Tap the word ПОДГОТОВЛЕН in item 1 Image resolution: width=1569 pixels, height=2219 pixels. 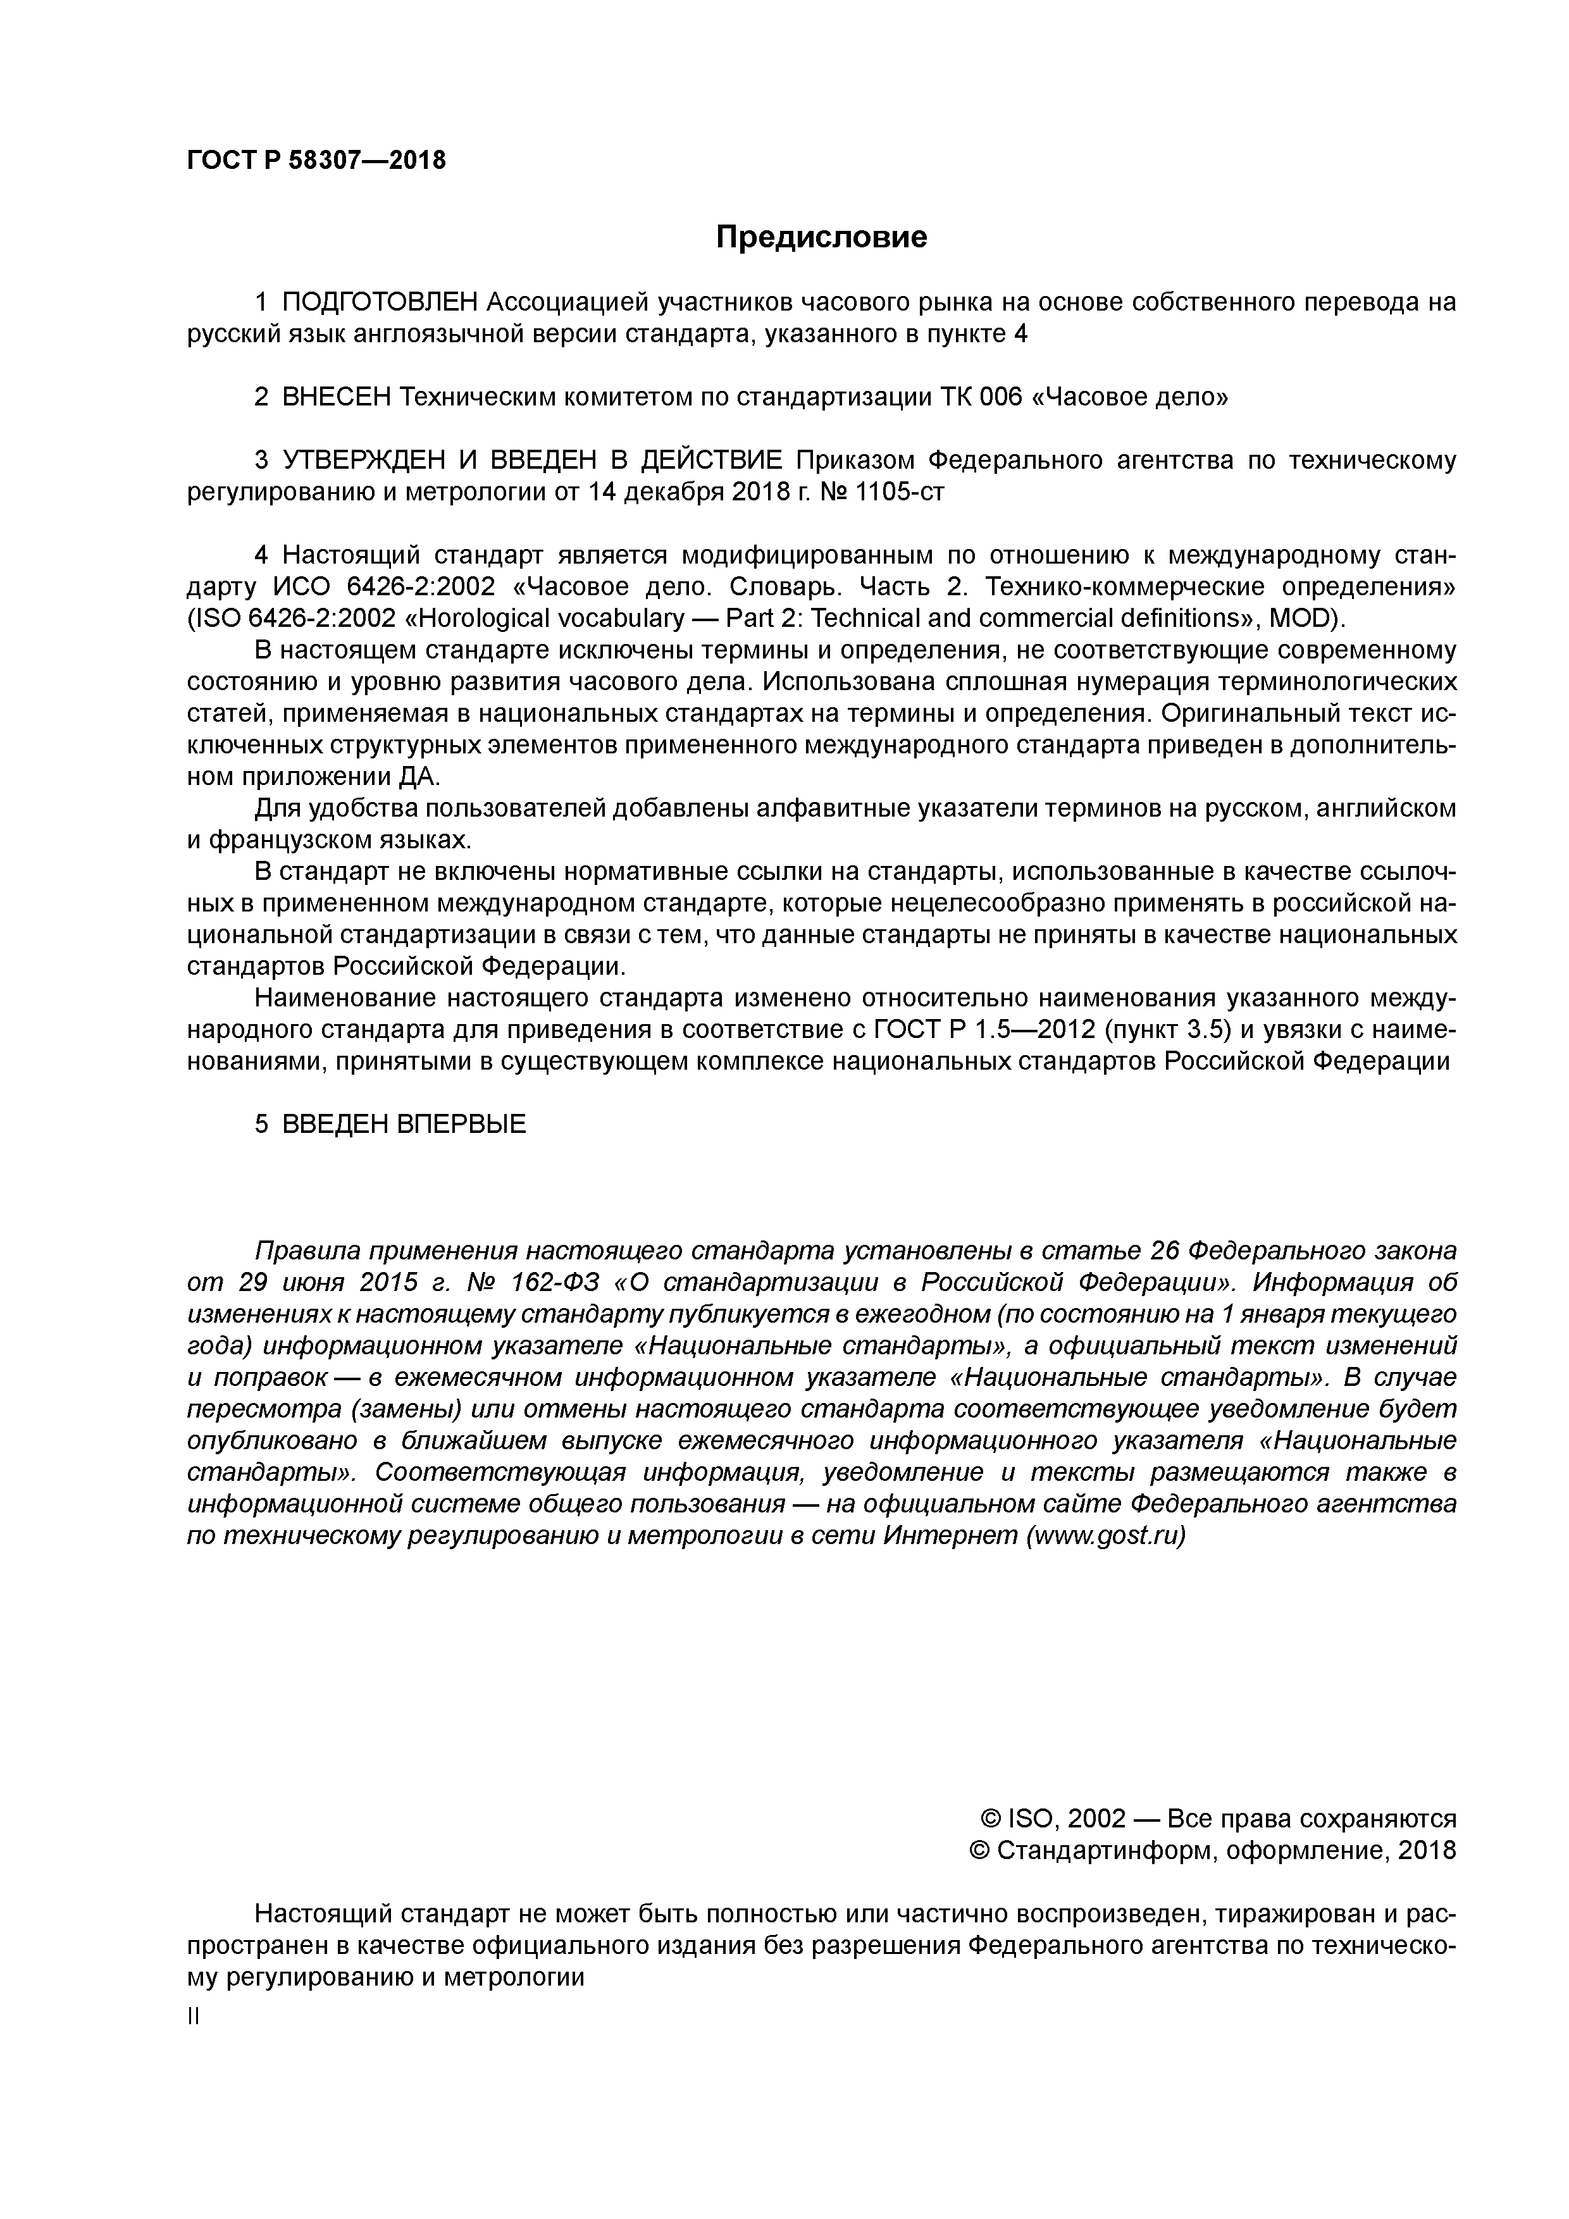point(379,302)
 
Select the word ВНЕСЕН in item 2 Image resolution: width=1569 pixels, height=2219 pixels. point(337,397)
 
